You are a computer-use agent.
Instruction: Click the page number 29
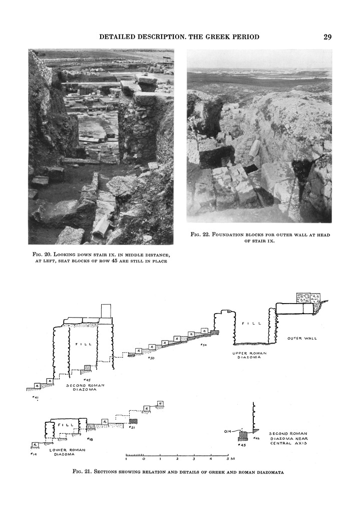tap(327, 37)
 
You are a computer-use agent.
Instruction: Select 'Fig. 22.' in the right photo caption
tap(201, 235)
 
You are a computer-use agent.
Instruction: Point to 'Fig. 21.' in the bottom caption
tap(82, 471)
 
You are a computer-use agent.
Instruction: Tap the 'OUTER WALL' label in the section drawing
tap(302, 338)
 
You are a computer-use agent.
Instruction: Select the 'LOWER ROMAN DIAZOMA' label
tap(68, 452)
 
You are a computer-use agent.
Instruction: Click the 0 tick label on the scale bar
tap(144, 458)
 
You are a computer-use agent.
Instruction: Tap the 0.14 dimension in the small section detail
tap(227, 431)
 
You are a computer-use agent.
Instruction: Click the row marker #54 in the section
tap(203, 345)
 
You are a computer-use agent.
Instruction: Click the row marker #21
tap(133, 427)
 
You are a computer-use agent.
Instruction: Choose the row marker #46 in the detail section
tap(256, 438)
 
